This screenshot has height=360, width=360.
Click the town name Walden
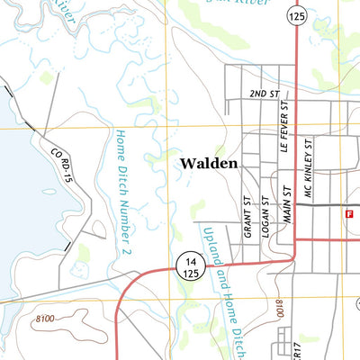pyautogui.click(x=208, y=164)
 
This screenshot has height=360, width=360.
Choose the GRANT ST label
pyautogui.click(x=246, y=217)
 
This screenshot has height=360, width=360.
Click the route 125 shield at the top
pyautogui.click(x=295, y=15)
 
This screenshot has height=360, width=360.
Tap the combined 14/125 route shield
pyautogui.click(x=187, y=265)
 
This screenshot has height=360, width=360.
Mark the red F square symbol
pyautogui.click(x=347, y=213)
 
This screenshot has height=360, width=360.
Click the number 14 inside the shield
pyautogui.click(x=187, y=258)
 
